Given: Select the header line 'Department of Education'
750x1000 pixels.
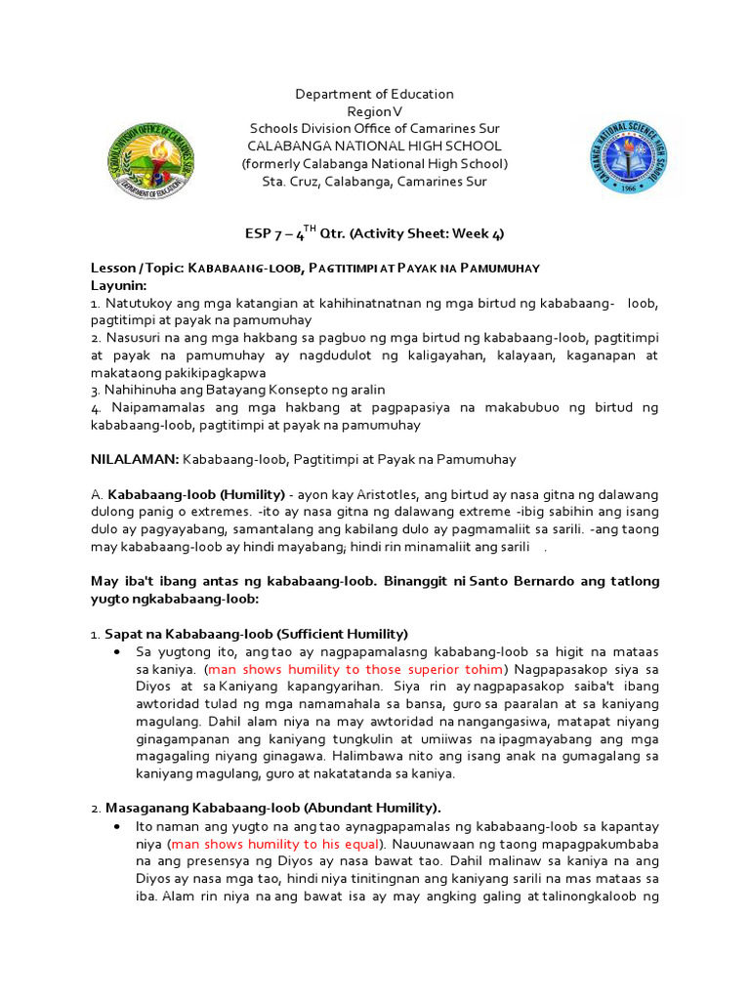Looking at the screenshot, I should pyautogui.click(x=375, y=94).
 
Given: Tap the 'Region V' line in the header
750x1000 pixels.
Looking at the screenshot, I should pyautogui.click(x=375, y=112).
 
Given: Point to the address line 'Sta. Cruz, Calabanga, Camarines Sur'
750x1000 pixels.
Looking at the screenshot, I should pyautogui.click(x=375, y=182).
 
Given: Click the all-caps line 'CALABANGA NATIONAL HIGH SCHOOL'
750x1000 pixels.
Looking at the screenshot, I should pyautogui.click(x=375, y=146).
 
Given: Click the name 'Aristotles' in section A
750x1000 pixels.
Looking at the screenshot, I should pyautogui.click(x=339, y=494).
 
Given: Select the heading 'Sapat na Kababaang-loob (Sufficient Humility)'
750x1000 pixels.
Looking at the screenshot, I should pyautogui.click(x=256, y=634).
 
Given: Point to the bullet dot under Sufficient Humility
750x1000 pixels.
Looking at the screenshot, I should pyautogui.click(x=117, y=651).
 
